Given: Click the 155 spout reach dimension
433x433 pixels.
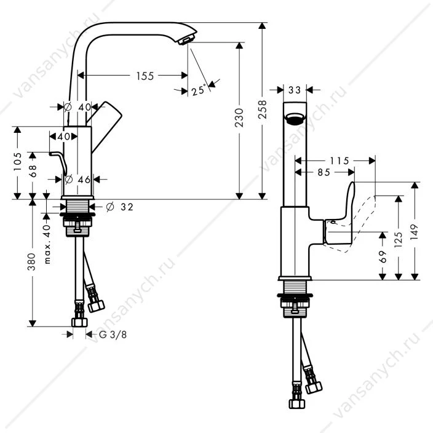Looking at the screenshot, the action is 145,76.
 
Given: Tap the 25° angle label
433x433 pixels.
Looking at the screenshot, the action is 199,90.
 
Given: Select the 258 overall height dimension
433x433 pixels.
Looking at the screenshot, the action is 263,109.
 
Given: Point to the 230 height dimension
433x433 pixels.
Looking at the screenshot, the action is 239,118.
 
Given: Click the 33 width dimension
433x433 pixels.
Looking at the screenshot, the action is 295,90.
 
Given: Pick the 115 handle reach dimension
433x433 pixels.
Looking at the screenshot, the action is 340,161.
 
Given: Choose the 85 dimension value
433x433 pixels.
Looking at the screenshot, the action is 324,173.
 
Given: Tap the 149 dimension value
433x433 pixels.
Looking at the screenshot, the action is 415,232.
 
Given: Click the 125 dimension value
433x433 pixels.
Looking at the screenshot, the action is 398,239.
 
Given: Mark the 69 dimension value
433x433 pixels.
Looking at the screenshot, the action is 383,256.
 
